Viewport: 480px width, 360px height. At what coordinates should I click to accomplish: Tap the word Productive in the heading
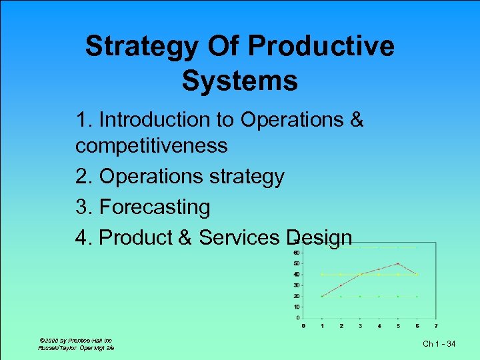click(x=321, y=47)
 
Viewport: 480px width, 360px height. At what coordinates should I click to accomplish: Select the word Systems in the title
click(x=239, y=81)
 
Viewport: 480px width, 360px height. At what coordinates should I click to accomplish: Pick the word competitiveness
click(x=151, y=145)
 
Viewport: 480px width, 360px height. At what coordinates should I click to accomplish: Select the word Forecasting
click(x=154, y=207)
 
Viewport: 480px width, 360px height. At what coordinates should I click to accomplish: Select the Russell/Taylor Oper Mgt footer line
click(x=76, y=348)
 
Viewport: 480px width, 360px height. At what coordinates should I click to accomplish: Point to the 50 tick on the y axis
click(x=295, y=263)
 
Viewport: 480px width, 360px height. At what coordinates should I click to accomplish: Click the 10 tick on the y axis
click(x=295, y=307)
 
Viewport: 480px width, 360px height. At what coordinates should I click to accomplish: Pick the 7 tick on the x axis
click(x=436, y=326)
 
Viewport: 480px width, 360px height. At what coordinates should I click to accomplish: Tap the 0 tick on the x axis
click(x=303, y=326)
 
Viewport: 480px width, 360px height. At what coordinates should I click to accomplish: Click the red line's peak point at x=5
click(x=398, y=263)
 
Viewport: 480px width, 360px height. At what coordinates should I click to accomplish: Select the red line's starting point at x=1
click(x=322, y=296)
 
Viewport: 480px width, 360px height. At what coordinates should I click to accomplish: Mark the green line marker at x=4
click(x=379, y=296)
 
